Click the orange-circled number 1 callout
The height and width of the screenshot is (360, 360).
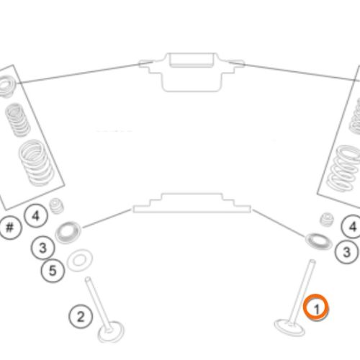pos(316,307)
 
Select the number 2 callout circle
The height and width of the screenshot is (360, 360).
pos(81,316)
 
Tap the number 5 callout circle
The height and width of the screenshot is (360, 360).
pos(53,271)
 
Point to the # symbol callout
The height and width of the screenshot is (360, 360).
pos(10,227)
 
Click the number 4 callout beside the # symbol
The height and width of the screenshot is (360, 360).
pos(36,215)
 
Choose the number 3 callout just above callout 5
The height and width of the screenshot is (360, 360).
pos(42,248)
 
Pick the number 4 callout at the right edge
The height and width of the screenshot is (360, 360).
pos(351,227)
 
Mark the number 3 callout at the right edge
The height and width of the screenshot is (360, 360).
pos(347,252)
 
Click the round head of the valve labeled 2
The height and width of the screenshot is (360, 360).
pos(111,332)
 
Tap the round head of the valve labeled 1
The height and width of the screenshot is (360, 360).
pos(289,327)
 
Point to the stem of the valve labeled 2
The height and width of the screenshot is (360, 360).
pos(98,303)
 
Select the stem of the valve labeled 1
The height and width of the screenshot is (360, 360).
pos(302,292)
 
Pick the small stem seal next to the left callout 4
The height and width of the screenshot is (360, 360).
pos(57,206)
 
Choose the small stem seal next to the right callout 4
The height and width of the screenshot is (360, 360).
pos(328,220)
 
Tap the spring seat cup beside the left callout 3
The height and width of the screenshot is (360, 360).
pos(68,233)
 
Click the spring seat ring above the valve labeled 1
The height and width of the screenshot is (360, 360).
pos(319,241)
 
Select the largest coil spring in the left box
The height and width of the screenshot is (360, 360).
pos(37,163)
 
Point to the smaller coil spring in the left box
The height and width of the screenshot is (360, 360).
pos(18,120)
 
